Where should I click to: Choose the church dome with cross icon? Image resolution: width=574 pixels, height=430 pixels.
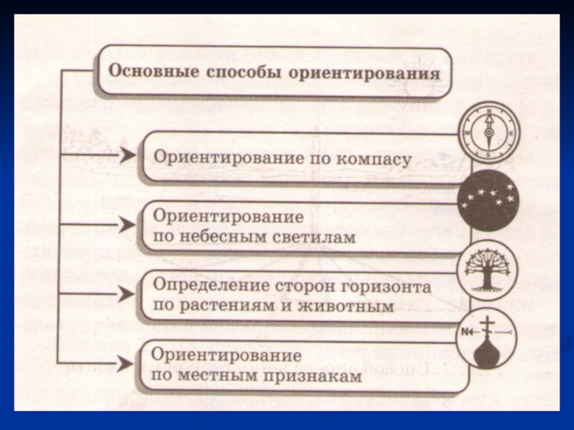click(487, 338)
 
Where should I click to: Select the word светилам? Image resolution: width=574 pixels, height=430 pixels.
click(313, 237)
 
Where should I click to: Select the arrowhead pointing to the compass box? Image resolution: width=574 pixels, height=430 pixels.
click(127, 154)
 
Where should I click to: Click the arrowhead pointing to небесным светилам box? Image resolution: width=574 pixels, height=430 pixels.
click(127, 224)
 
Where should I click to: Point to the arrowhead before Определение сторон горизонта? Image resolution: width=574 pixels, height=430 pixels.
click(127, 293)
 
